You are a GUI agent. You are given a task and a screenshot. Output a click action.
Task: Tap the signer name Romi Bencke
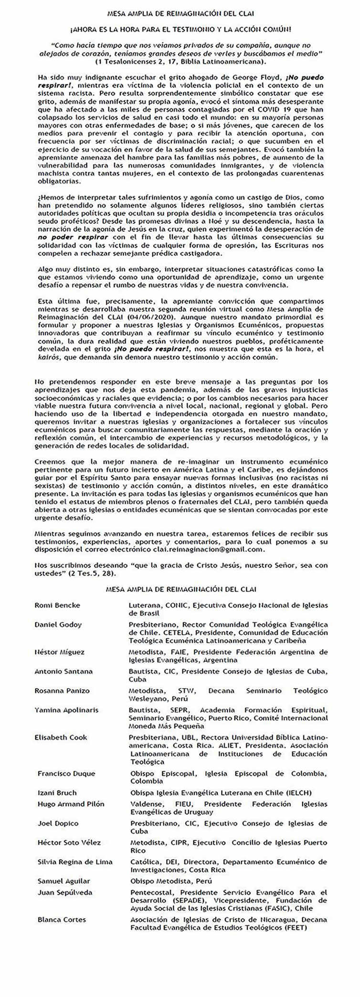(x=57, y=605)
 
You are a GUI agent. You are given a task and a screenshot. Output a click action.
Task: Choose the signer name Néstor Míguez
(x=60, y=652)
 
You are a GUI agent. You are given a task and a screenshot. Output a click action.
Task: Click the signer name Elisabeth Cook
(x=61, y=737)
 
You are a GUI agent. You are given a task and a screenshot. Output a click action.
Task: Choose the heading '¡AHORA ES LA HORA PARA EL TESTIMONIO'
(x=180, y=29)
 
